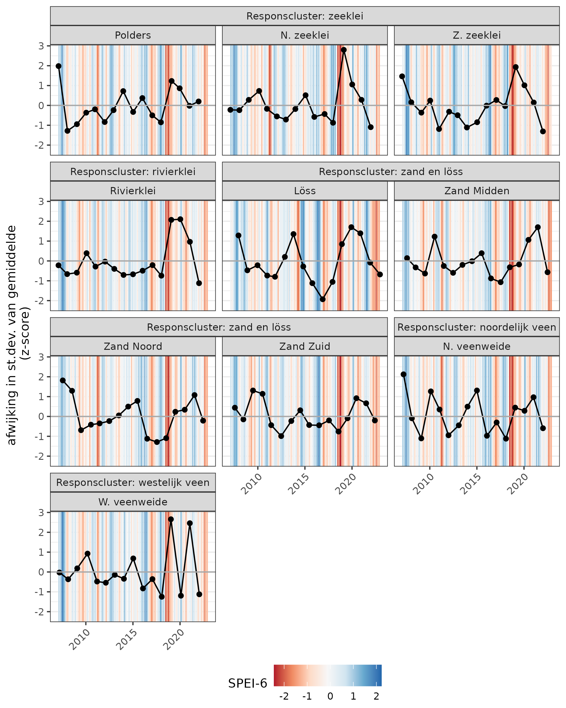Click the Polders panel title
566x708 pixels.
pyautogui.click(x=133, y=35)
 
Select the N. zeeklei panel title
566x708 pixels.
pyautogui.click(x=305, y=35)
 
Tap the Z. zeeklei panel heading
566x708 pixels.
pyautogui.click(x=476, y=35)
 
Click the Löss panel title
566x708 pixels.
pyautogui.click(x=305, y=191)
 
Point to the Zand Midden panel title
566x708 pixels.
pyautogui.click(x=476, y=191)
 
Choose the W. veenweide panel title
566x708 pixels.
pyautogui.click(x=133, y=502)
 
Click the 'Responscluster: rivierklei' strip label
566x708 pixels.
pyautogui.click(x=133, y=172)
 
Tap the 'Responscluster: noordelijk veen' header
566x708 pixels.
pyautogui.click(x=476, y=327)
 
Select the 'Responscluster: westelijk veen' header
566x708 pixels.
pyautogui.click(x=133, y=482)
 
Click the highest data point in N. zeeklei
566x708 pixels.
pyautogui.click(x=344, y=50)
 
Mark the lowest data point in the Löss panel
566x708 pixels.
pyautogui.click(x=323, y=299)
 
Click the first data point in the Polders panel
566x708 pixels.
pyautogui.click(x=58, y=66)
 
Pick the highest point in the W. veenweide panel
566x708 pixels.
pyautogui.click(x=171, y=519)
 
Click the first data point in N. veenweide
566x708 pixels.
pyautogui.click(x=404, y=374)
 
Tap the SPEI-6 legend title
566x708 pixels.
pyautogui.click(x=247, y=683)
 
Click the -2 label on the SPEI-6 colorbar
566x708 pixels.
pyautogui.click(x=284, y=697)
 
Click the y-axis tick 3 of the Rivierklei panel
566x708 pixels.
pyautogui.click(x=41, y=201)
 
